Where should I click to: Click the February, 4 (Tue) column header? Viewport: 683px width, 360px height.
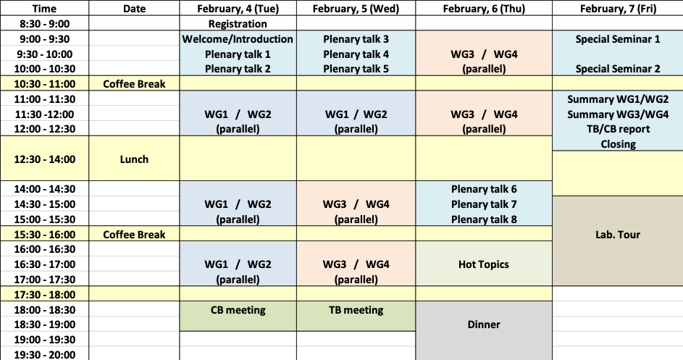pos(238,9)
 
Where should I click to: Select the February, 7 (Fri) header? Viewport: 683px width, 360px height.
pos(618,9)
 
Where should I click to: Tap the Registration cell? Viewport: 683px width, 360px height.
pos(238,24)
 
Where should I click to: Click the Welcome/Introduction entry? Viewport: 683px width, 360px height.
pos(238,39)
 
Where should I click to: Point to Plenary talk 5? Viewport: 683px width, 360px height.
pos(356,69)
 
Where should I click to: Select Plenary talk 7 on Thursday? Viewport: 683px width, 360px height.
pos(484,204)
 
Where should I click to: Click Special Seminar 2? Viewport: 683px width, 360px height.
pos(618,69)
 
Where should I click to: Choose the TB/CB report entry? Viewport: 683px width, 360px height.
pos(618,129)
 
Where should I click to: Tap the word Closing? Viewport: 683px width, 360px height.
pos(618,144)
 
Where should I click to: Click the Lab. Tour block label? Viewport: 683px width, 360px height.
pos(618,235)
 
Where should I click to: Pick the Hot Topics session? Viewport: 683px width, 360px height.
pos(484,264)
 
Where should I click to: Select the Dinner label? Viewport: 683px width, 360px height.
pos(484,325)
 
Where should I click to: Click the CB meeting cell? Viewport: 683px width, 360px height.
pos(238,310)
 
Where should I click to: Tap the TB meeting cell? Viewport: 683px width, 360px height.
pos(356,310)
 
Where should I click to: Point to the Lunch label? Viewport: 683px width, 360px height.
pos(134,159)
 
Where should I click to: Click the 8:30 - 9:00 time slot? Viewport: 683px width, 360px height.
pos(44,24)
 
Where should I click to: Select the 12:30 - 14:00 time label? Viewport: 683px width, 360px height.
pos(44,159)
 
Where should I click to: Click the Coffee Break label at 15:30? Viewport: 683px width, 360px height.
pos(134,235)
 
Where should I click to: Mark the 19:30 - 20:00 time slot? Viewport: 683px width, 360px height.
pos(44,355)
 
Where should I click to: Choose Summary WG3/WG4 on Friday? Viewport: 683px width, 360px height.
pos(618,114)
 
